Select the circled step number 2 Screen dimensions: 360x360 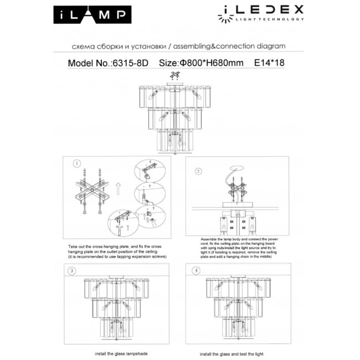[198, 172]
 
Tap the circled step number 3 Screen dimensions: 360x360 [72, 270]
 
